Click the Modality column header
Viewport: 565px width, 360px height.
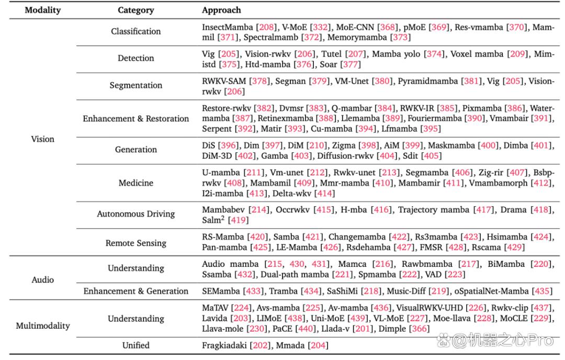pyautogui.click(x=42, y=10)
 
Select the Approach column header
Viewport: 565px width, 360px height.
pyautogui.click(x=221, y=10)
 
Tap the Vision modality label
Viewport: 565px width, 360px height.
pyautogui.click(x=42, y=139)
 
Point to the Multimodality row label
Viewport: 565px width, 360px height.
pyautogui.click(x=43, y=326)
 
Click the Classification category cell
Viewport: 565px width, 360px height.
pyautogui.click(x=136, y=31)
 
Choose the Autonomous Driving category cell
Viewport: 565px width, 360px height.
pyautogui.click(x=136, y=214)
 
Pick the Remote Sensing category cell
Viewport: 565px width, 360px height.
pyautogui.click(x=136, y=243)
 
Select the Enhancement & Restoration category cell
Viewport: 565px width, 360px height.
pyautogui.click(x=136, y=119)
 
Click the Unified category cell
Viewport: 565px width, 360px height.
pyautogui.click(x=136, y=345)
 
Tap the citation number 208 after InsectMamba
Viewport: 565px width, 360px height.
pyautogui.click(x=267, y=27)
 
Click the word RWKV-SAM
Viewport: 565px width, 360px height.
pyautogui.click(x=224, y=81)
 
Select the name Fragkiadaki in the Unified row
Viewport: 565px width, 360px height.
pyautogui.click(x=224, y=345)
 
